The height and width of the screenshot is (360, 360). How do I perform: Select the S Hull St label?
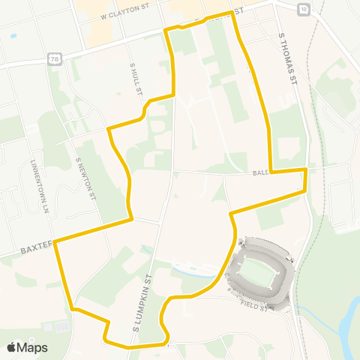(136, 79)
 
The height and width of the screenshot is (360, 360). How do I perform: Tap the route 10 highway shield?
(301, 9)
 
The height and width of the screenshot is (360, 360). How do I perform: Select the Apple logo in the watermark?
(11, 347)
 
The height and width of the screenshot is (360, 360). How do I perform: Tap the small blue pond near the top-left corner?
(13, 35)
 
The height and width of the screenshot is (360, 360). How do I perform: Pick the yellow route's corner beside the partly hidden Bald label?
(271, 171)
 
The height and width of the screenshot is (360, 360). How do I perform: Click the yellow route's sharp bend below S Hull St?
(109, 129)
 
